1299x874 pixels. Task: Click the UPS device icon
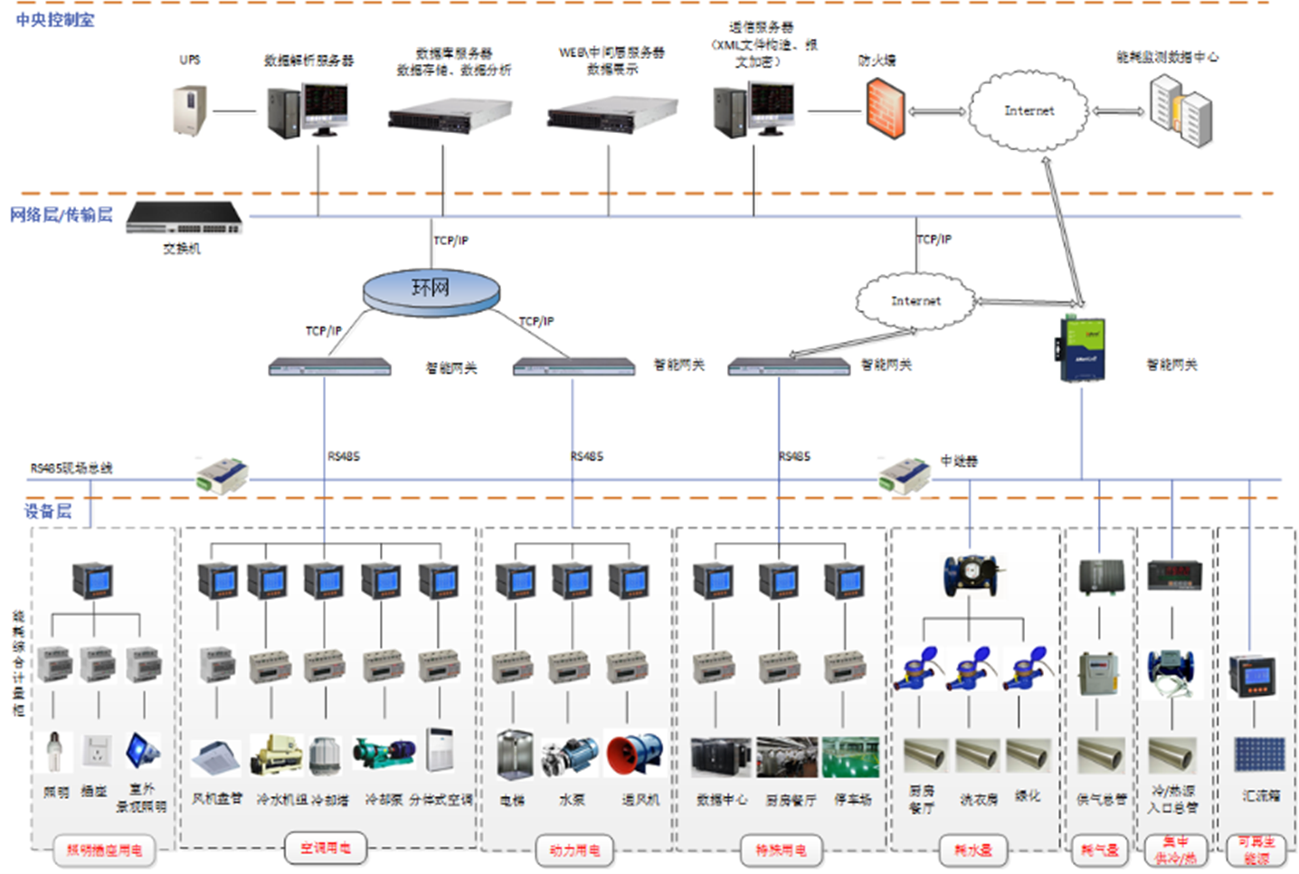click(190, 110)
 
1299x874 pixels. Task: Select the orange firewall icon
click(885, 109)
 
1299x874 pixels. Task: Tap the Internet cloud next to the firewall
click(1029, 111)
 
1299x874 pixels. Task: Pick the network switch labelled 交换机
click(185, 218)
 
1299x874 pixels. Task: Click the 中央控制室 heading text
click(55, 19)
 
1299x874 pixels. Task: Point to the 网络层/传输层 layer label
click(62, 214)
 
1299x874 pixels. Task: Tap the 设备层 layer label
click(48, 511)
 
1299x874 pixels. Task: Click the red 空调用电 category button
click(326, 848)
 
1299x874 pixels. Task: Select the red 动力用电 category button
click(574, 850)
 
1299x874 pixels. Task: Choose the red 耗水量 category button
click(973, 850)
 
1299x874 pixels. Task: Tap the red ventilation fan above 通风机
click(635, 755)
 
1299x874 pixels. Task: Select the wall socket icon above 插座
click(97, 752)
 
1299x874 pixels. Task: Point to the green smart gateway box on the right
click(1083, 349)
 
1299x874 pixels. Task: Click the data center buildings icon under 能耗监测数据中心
click(1180, 110)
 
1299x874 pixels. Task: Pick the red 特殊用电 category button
click(781, 850)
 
